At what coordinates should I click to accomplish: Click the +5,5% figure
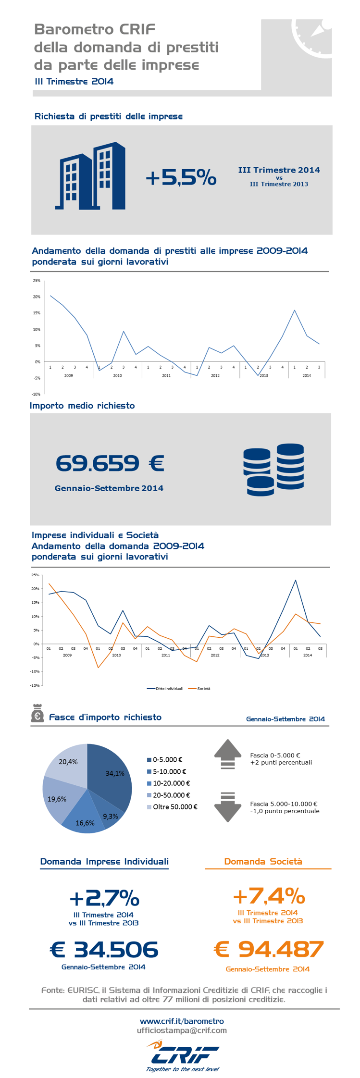pyautogui.click(x=181, y=178)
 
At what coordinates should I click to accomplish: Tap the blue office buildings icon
pyautogui.click(x=90, y=176)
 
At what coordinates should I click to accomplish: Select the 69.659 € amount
pyautogui.click(x=110, y=463)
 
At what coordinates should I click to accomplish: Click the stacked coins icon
pyautogui.click(x=273, y=470)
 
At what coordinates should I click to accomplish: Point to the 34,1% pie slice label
pyautogui.click(x=115, y=773)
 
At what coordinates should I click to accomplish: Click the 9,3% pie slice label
pyautogui.click(x=111, y=816)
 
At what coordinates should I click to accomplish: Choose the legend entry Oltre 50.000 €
pyautogui.click(x=172, y=807)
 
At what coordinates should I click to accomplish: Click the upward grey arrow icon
pyautogui.click(x=227, y=754)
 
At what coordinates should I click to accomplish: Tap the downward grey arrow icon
pyautogui.click(x=227, y=807)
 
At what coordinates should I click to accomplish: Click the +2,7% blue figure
pyautogui.click(x=104, y=898)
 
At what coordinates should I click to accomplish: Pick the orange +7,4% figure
pyautogui.click(x=269, y=896)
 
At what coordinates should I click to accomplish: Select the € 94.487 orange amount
pyautogui.click(x=269, y=949)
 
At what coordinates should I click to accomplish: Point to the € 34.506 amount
pyautogui.click(x=104, y=950)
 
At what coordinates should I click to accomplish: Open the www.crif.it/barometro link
pyautogui.click(x=182, y=1021)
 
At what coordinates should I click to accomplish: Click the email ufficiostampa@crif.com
pyautogui.click(x=182, y=1030)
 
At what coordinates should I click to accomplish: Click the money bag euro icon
pyautogui.click(x=37, y=713)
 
